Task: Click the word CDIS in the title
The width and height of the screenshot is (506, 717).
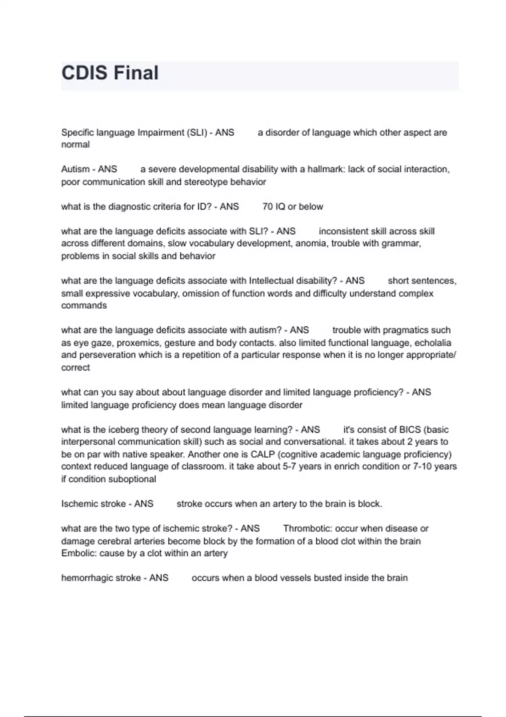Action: [84, 73]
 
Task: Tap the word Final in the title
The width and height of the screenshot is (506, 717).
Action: [136, 73]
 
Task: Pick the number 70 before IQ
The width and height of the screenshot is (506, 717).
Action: [267, 207]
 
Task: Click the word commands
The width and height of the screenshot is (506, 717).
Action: [84, 305]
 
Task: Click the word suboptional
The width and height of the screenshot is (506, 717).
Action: [132, 479]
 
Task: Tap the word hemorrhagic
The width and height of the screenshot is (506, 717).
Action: [87, 578]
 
